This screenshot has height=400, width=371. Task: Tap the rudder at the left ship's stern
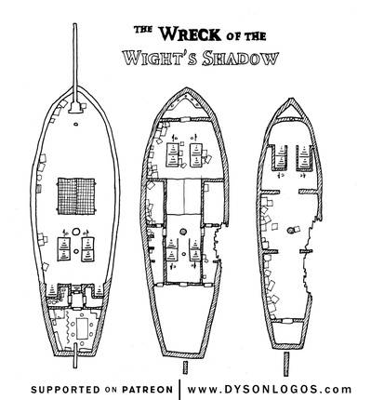[x=73, y=358]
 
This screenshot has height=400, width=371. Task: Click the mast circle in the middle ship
[x=183, y=229]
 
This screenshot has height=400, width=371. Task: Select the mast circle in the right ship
[x=295, y=228]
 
